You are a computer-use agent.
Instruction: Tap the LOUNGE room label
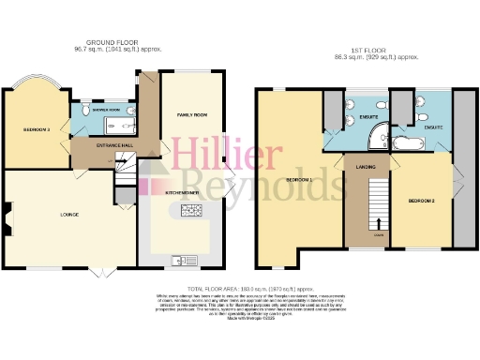pyautogui.click(x=68, y=215)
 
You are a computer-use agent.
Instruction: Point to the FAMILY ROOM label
pyautogui.click(x=192, y=113)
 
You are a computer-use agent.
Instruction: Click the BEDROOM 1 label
pyautogui.click(x=299, y=179)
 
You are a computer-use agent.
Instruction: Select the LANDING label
pyautogui.click(x=366, y=168)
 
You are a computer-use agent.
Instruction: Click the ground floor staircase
pyautogui.click(x=124, y=172)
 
